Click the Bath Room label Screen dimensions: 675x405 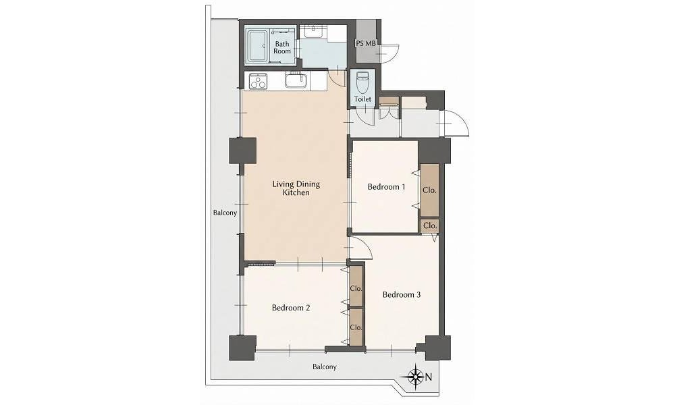click(282, 47)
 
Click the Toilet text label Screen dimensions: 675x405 click(362, 99)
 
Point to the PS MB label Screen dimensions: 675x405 click(366, 43)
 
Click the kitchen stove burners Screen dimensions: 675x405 click(258, 81)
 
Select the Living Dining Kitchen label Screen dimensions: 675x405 click(296, 188)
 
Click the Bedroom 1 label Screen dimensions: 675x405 click(386, 187)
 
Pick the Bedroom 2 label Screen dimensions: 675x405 click(291, 308)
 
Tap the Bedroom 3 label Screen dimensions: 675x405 click(401, 295)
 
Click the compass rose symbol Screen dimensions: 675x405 click(416, 377)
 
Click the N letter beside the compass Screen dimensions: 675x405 click(429, 377)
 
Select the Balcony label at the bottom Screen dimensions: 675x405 click(325, 367)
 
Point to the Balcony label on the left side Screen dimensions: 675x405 click(225, 213)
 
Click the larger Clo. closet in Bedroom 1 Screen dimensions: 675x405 click(429, 190)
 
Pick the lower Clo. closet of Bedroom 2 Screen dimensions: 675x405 click(356, 327)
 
